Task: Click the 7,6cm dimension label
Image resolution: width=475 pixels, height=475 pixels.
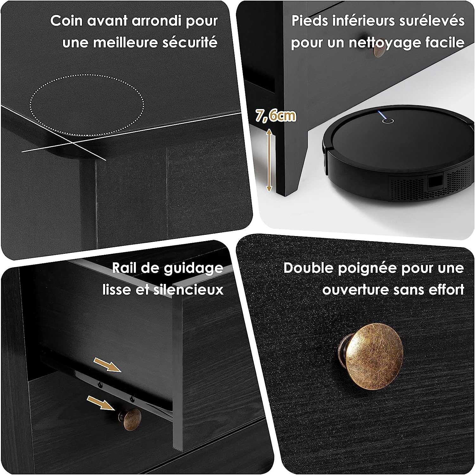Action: [276, 116]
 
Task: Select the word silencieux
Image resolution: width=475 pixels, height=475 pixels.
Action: [188, 290]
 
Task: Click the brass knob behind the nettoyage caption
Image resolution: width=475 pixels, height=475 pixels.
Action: [379, 50]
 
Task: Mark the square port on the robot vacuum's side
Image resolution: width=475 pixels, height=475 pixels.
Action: [435, 183]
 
